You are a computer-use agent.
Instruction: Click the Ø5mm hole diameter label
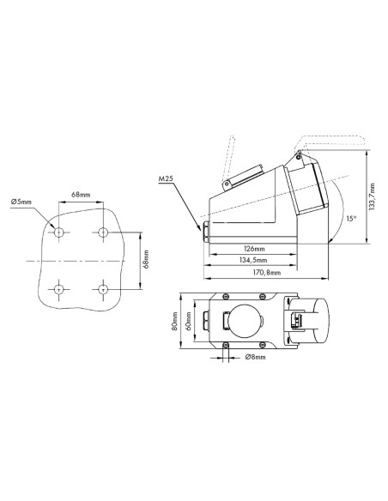coord(21,202)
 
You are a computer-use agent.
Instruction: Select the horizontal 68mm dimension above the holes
coord(81,196)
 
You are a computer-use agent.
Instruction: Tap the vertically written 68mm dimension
coord(146,260)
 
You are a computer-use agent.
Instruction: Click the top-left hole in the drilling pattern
coord(58,232)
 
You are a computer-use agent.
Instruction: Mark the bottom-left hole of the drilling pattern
coord(58,289)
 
